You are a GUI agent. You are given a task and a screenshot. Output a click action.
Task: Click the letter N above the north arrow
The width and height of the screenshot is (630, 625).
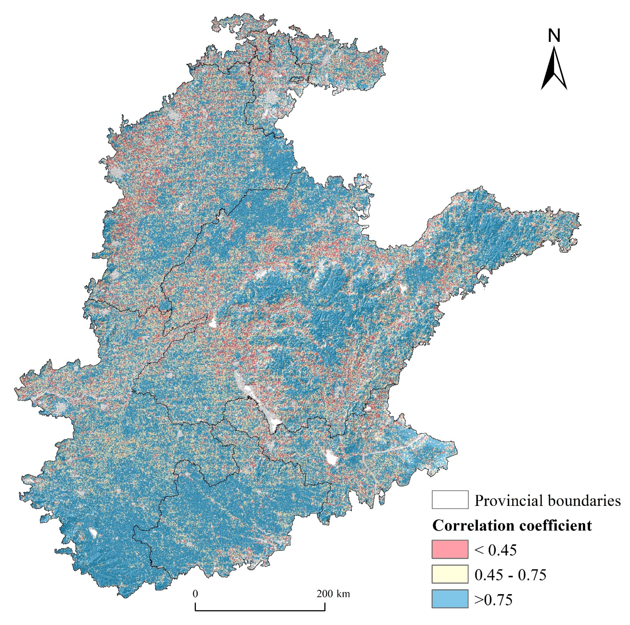[554, 36]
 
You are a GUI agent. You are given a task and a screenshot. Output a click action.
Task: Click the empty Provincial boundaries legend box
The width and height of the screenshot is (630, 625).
[450, 499]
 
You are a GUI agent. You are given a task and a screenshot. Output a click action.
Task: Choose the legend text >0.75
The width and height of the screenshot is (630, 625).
[493, 599]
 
